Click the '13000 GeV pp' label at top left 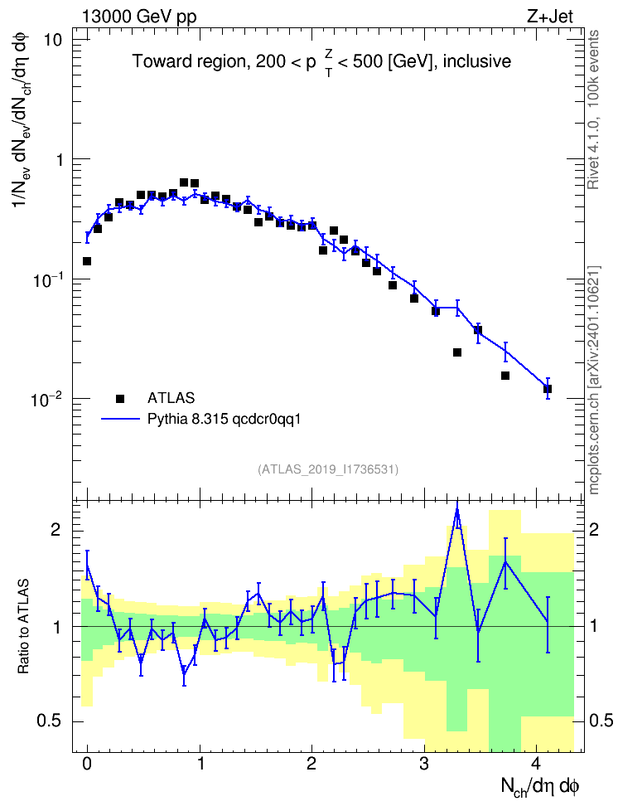point(139,17)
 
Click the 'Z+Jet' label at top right point(550,17)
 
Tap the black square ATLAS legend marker point(120,398)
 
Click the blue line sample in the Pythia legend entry point(120,420)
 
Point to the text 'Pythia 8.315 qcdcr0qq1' point(224,420)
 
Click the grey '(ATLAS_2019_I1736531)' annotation point(328,469)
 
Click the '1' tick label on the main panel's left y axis point(59,160)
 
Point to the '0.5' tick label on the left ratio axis point(50,721)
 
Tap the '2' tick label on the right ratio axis point(594,530)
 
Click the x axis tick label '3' point(424,764)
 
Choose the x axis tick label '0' point(87,764)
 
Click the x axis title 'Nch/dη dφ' point(539,786)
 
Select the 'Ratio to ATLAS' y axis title point(23,626)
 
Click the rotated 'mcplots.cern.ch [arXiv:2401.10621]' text point(594,381)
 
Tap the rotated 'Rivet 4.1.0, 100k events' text point(593,109)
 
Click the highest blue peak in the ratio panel point(456,510)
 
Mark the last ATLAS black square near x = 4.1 point(548,389)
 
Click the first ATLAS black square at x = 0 point(87,261)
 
